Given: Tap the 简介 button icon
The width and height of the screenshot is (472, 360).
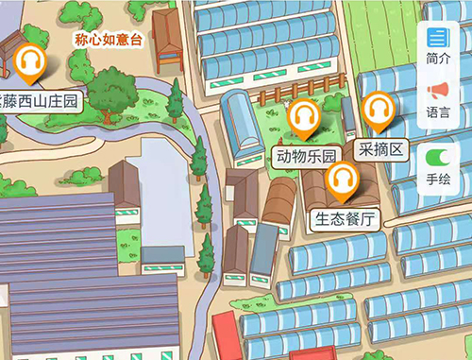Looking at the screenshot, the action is pos(437,38).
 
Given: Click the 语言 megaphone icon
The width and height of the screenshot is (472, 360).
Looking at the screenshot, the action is pos(437,91).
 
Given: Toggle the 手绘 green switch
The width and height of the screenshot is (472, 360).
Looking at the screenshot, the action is pos(437,157).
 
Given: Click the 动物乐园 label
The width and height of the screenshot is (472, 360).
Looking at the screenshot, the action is pos(305,155).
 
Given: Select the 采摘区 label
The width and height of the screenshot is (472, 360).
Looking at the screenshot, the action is pos(382,148).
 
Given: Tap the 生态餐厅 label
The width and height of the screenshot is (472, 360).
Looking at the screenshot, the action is pos(345,219).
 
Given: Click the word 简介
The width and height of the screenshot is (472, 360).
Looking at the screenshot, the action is pos(437,59).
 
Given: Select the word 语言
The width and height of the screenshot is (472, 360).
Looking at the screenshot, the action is pos(437,111).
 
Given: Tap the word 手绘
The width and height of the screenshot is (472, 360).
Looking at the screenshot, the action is pos(437,178).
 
